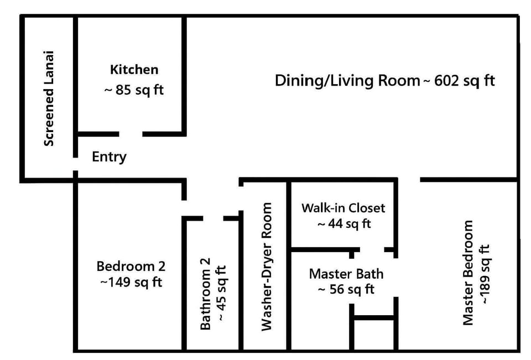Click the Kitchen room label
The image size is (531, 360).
pyautogui.click(x=134, y=70)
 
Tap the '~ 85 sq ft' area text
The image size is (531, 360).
pyautogui.click(x=134, y=90)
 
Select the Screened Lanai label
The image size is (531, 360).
pyautogui.click(x=49, y=99)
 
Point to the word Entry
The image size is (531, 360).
pyautogui.click(x=109, y=157)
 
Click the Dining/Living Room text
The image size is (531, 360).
pyautogui.click(x=347, y=81)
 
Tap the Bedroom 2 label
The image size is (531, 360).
pyautogui.click(x=131, y=266)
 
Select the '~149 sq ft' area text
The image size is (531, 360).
pyautogui.click(x=131, y=282)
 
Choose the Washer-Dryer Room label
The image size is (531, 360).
pyautogui.click(x=267, y=267)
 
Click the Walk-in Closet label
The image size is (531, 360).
pyautogui.click(x=343, y=208)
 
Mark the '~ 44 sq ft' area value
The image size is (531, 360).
pyautogui.click(x=343, y=224)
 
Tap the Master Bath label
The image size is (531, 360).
pyautogui.click(x=346, y=274)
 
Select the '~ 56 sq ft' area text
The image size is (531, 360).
pyautogui.click(x=346, y=289)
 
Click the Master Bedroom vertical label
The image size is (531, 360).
pyautogui.click(x=468, y=273)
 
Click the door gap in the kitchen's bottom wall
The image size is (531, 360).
pyautogui.click(x=131, y=134)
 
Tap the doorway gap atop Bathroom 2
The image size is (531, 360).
pyautogui.click(x=213, y=218)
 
